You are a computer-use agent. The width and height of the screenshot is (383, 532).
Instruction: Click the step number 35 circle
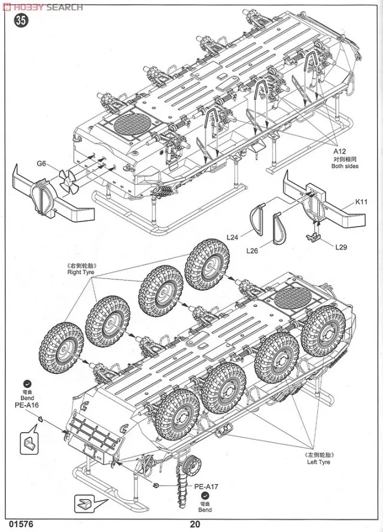point(22,20)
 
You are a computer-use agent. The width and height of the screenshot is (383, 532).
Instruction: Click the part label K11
point(361,202)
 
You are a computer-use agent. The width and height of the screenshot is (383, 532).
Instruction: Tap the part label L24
point(233,238)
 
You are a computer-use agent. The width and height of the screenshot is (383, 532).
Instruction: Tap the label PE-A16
point(26,405)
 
